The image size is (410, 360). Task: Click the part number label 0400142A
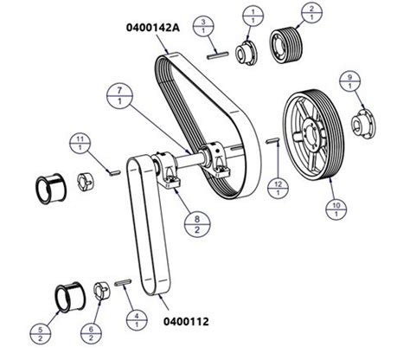coord(153,28)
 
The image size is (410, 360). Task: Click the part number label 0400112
coord(186,321)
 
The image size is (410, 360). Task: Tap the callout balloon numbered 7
coord(119,96)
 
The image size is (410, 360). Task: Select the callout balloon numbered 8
coord(197,224)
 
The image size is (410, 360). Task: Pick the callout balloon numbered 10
coord(336,209)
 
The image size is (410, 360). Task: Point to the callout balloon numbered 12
coord(278,188)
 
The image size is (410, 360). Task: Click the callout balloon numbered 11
coord(80,144)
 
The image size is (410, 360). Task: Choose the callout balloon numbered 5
coord(41,334)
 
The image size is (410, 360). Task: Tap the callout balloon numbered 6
coord(91,333)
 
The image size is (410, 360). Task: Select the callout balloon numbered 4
coord(137,320)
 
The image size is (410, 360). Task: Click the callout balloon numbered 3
coord(203,26)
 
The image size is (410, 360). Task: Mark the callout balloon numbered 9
coord(349,81)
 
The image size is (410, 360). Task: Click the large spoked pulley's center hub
coord(309,134)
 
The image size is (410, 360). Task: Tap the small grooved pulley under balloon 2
coord(286,45)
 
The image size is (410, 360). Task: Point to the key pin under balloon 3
coord(218,55)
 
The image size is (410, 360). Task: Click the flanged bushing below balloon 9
coord(362,125)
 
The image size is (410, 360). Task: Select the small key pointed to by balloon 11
coord(115,172)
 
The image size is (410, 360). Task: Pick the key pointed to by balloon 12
coord(272,140)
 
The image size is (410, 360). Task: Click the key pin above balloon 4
coord(123,282)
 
